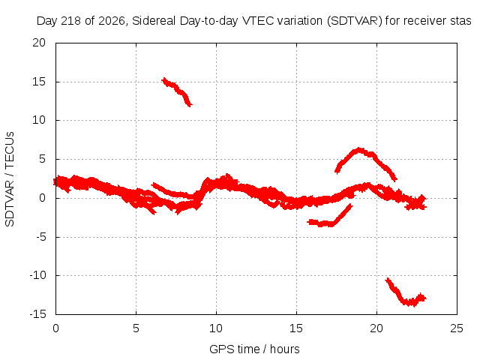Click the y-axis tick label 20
tap(39, 43)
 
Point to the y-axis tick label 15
tap(39, 82)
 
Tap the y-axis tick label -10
tap(37, 275)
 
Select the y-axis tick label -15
tap(37, 314)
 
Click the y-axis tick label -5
tap(40, 237)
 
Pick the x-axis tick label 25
tap(457, 328)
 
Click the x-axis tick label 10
tap(216, 328)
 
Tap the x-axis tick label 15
tap(296, 328)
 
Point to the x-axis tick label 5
tap(136, 328)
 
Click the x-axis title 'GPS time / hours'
tap(254, 349)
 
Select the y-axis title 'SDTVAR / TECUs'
tap(10, 179)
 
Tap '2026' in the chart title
tap(112, 21)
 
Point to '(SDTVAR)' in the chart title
tap(355, 21)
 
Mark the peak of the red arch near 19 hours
tap(359, 150)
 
